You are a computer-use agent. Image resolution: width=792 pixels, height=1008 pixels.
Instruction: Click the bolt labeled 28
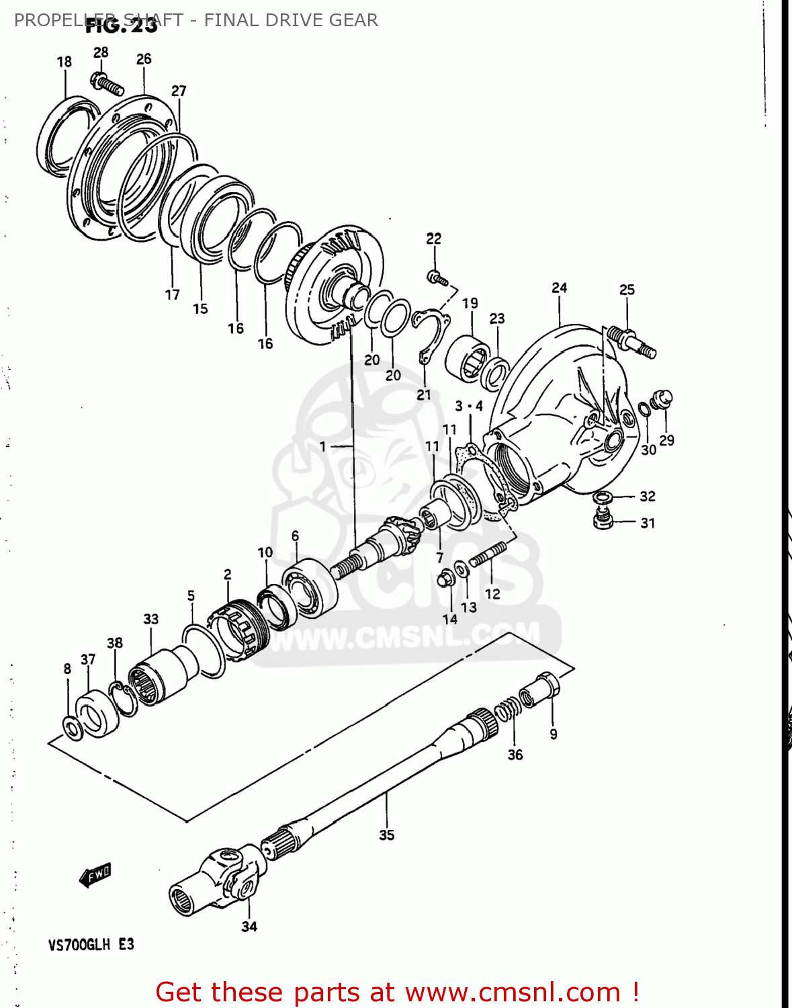107,84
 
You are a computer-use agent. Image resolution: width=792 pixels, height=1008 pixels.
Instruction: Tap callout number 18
64,62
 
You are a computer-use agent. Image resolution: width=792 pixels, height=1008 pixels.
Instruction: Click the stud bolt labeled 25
631,340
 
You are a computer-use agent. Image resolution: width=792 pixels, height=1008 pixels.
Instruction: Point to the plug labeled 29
663,399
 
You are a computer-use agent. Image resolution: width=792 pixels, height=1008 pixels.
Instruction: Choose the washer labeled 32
603,497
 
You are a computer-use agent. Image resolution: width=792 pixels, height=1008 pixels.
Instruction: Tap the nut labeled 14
445,578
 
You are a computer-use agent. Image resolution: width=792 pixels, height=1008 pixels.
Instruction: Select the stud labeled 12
487,556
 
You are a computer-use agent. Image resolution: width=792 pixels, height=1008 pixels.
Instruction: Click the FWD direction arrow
95,875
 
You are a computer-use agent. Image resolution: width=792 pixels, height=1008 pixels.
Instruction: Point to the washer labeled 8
73,728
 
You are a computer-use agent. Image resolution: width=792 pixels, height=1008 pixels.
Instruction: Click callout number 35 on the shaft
386,835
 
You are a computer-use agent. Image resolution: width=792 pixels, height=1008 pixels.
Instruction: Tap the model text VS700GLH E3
91,944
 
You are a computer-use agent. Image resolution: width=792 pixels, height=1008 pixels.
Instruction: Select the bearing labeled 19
468,357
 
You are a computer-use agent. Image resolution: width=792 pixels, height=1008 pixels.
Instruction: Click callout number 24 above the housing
559,288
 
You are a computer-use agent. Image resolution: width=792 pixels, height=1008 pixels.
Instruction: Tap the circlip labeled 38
124,699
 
